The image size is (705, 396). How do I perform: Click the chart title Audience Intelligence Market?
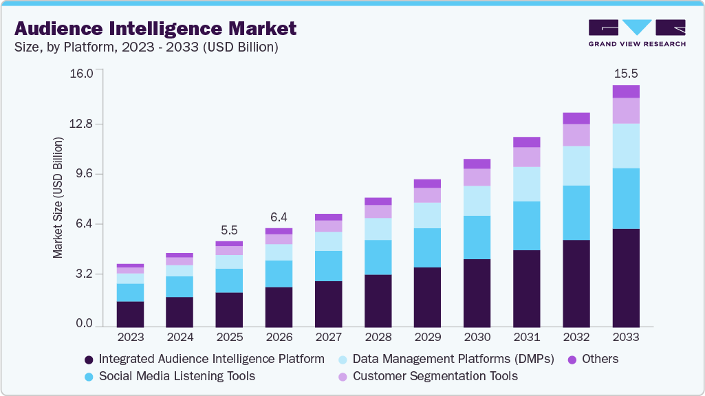click(x=155, y=28)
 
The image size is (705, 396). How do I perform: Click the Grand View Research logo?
click(x=636, y=33)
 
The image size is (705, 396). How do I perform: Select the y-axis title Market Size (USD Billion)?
click(x=58, y=198)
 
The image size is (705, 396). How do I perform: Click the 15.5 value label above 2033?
click(x=626, y=73)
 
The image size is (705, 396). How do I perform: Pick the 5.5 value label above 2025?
click(x=229, y=230)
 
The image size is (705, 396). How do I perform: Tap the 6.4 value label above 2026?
click(x=279, y=217)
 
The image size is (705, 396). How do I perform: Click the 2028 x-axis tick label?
click(x=378, y=338)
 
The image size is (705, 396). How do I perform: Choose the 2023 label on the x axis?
click(x=130, y=338)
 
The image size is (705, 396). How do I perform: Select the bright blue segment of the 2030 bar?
click(x=477, y=237)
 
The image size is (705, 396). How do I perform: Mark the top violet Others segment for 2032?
click(x=576, y=118)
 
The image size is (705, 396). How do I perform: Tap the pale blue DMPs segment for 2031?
click(x=526, y=184)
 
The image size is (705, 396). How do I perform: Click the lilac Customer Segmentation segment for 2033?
click(x=626, y=111)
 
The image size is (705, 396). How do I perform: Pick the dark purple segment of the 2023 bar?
click(x=130, y=313)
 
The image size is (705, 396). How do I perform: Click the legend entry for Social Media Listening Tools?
click(x=177, y=376)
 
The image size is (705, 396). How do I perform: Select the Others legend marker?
click(x=571, y=360)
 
